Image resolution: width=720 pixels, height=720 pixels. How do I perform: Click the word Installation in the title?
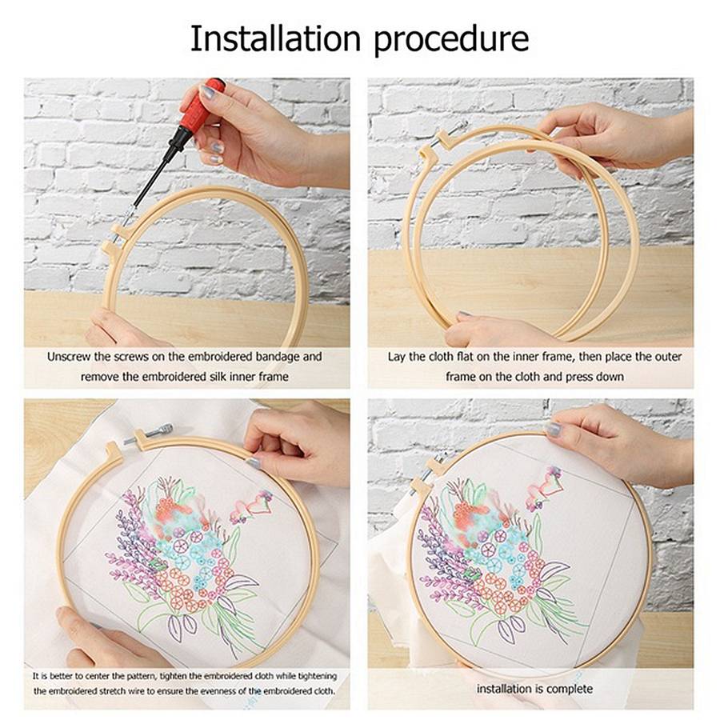275,38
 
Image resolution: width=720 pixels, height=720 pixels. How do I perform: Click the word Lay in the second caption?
397,357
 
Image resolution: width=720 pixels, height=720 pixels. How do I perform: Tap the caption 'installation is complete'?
534,689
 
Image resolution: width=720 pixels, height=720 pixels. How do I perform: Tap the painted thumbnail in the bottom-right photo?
554,429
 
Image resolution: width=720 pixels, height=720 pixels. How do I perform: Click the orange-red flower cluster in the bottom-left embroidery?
174,509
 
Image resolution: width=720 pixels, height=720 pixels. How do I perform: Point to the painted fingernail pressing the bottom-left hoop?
253,462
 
